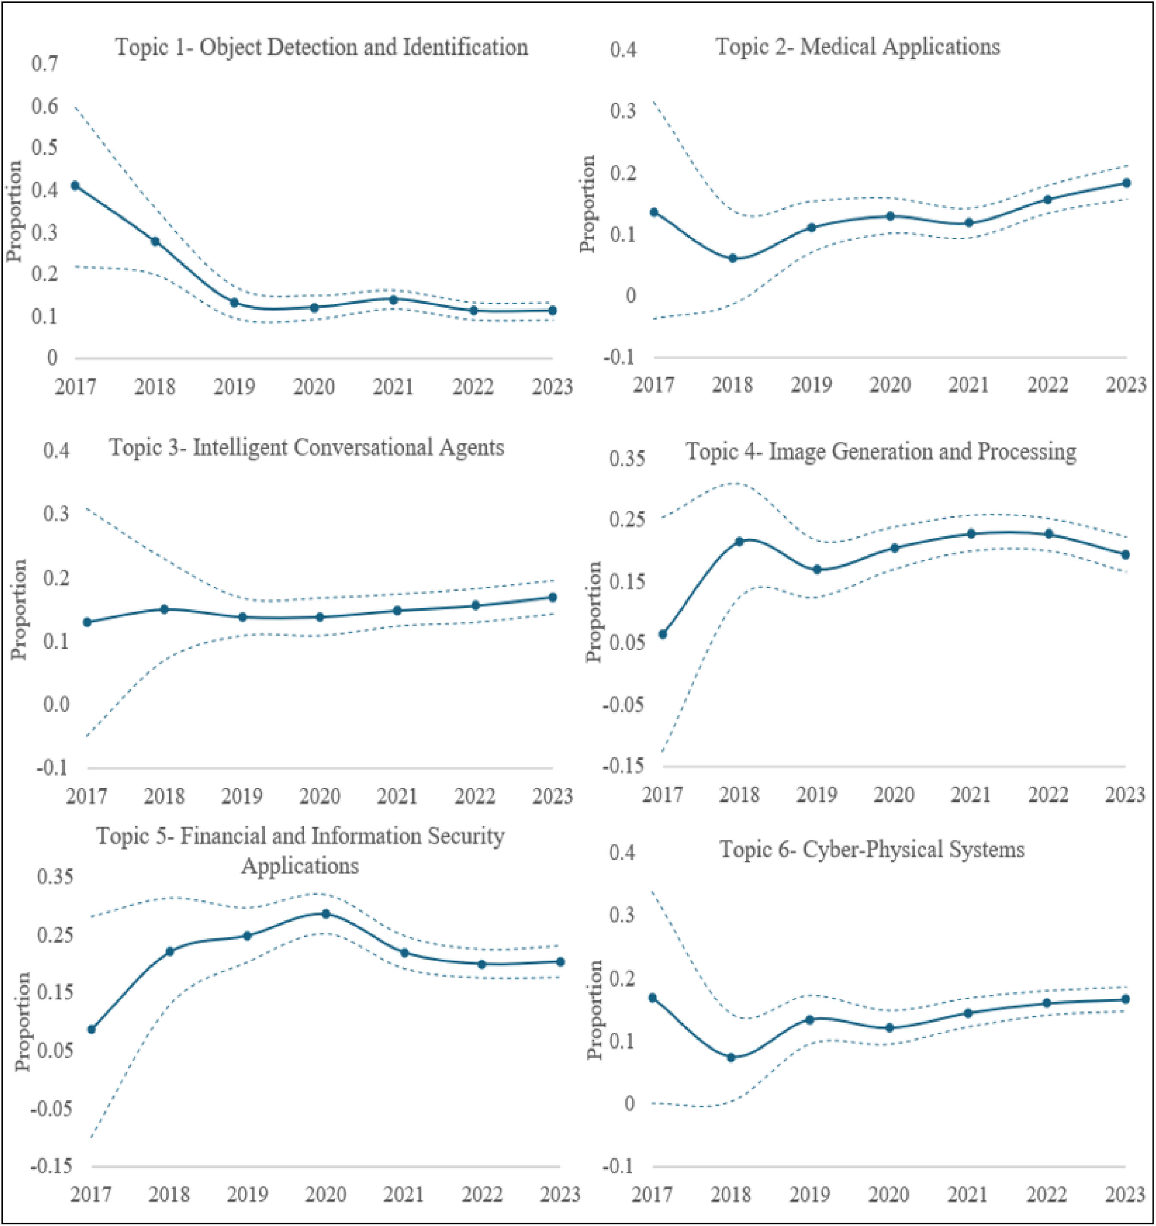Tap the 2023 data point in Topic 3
pos(553,597)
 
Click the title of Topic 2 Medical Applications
pos(857,47)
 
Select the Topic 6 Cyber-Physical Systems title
pos(872,850)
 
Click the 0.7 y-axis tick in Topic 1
pos(45,64)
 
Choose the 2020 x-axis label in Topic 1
pos(314,387)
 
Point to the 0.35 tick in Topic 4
pos(627,459)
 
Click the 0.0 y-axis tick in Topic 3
pos(56,704)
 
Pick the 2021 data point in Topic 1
pos(393,300)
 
